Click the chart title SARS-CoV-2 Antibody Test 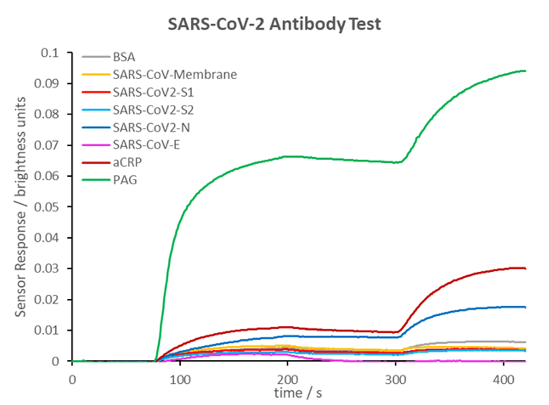[x=274, y=25]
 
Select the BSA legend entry [x=124, y=57]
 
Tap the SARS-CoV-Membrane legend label [x=175, y=75]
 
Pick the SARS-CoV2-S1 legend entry [x=153, y=92]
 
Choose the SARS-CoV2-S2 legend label [x=153, y=110]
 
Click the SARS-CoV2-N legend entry [x=151, y=127]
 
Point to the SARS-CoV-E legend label [x=146, y=144]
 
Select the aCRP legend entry [x=127, y=162]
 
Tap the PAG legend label [x=124, y=180]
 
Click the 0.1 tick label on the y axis [x=50, y=53]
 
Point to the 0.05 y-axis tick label [x=46, y=207]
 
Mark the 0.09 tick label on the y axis [x=46, y=83]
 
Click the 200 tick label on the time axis [x=288, y=379]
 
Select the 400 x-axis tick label [x=503, y=379]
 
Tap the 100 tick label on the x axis [x=180, y=379]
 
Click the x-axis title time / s [x=298, y=393]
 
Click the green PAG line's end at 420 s [x=525, y=71]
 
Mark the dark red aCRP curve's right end [x=525, y=268]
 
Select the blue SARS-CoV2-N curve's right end [x=525, y=307]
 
